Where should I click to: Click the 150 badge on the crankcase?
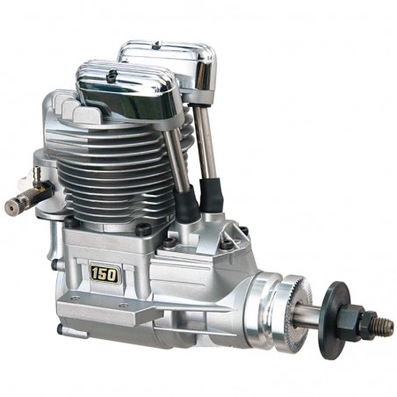[105, 274]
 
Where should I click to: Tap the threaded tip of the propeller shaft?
[385, 324]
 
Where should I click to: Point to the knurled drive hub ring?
[295, 310]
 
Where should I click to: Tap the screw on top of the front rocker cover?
[112, 75]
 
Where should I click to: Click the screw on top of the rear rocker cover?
[157, 45]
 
